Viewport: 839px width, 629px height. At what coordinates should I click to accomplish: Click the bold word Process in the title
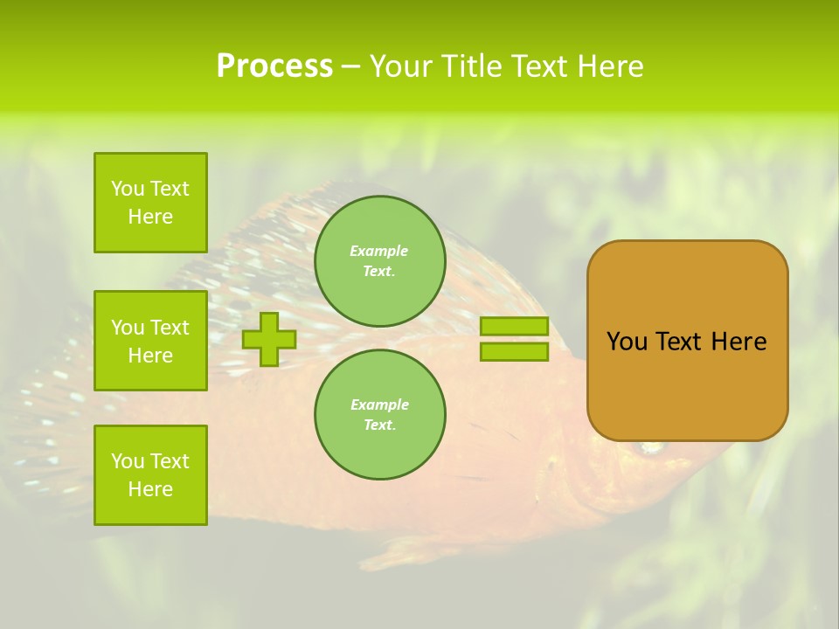(274, 66)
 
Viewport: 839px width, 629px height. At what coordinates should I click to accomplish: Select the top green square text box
(150, 203)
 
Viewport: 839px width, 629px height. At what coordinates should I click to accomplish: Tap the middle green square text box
(150, 341)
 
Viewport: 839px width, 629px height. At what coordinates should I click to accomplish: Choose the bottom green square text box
(150, 475)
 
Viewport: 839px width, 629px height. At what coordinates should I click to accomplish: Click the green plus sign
(269, 339)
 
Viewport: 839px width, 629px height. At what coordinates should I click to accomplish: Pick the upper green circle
(379, 261)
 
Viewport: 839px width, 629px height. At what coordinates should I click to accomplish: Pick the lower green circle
(379, 415)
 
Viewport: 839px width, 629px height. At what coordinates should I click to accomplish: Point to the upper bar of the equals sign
(514, 326)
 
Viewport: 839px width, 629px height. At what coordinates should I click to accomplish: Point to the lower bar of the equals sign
(514, 352)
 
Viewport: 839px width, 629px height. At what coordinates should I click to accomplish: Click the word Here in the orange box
(738, 342)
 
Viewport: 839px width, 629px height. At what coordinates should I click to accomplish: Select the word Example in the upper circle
(379, 251)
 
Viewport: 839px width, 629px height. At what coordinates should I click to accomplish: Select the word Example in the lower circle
(379, 404)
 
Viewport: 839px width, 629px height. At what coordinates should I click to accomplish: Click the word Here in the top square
(150, 217)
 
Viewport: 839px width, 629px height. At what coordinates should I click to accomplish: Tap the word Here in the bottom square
(150, 489)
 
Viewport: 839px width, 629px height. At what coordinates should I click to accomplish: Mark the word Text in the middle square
(169, 328)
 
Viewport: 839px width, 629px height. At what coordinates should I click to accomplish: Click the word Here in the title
(608, 66)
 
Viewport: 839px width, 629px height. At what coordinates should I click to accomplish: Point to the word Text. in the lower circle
(379, 425)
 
